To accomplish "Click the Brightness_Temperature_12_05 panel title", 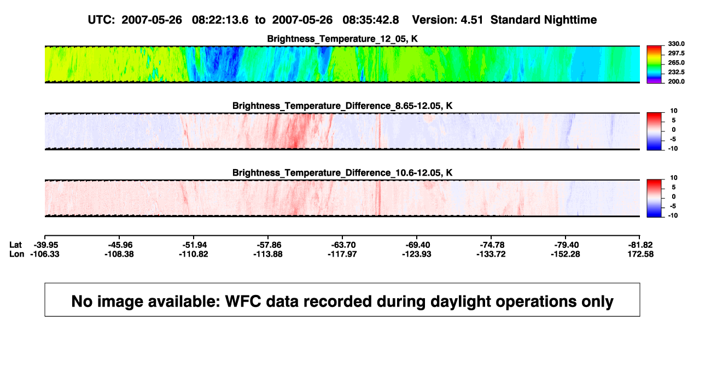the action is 342,39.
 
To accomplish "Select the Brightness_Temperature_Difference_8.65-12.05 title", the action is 342,106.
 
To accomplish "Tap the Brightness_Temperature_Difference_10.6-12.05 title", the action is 342,173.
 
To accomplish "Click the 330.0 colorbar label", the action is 676,44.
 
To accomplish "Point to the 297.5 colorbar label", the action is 676,54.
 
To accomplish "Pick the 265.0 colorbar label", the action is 676,62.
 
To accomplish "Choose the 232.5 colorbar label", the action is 676,72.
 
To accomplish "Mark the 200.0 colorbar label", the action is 676,82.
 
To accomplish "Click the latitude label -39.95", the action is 45,245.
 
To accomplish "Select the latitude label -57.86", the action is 268,245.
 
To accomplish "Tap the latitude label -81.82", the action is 640,245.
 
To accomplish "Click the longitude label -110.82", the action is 194,254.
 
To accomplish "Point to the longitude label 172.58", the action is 640,254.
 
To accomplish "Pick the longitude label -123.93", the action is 417,254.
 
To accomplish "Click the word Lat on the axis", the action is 15,245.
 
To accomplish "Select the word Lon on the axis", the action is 17,254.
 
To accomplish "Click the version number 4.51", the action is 472,20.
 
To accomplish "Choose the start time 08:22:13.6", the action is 220,20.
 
